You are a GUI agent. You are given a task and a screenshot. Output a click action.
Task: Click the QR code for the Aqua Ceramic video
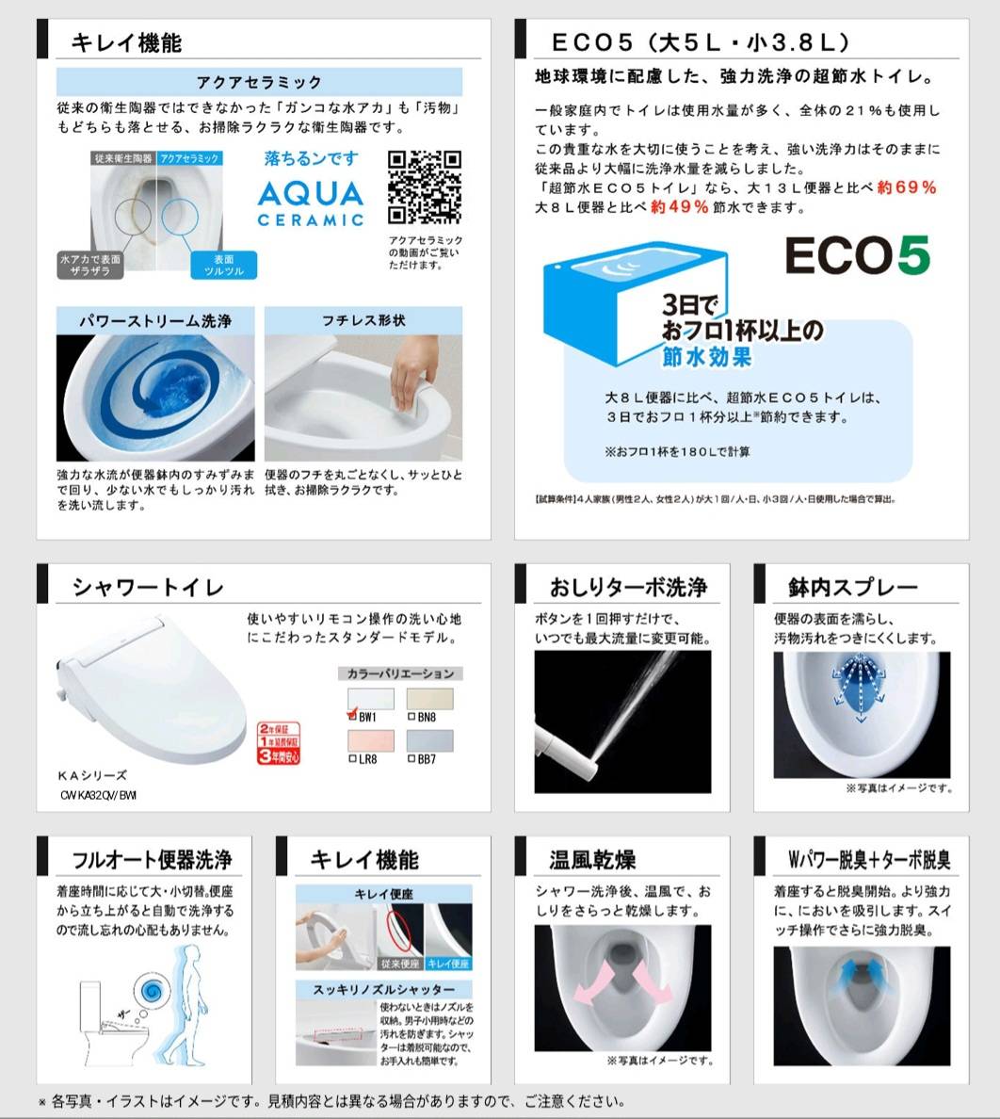point(425,187)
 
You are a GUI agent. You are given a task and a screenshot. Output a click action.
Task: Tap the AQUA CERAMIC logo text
point(311,203)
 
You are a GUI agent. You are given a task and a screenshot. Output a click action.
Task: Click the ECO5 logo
point(857,255)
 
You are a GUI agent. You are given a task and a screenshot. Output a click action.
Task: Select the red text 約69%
point(906,187)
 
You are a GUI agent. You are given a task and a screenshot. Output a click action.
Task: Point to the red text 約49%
point(679,207)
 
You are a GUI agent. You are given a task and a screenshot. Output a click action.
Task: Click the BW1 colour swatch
point(371,700)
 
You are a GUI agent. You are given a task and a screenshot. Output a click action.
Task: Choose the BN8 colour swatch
point(429,700)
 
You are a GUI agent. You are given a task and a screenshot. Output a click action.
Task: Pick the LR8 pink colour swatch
point(371,741)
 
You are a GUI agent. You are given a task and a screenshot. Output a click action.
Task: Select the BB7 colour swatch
point(429,741)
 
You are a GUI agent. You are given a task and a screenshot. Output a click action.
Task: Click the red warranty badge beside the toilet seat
point(279,742)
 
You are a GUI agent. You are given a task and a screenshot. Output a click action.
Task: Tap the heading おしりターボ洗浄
point(628,588)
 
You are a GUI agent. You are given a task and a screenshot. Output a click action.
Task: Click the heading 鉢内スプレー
point(852,588)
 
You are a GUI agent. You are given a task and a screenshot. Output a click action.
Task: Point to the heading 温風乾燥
point(592,860)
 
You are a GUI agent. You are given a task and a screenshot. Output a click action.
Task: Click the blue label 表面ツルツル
point(223,265)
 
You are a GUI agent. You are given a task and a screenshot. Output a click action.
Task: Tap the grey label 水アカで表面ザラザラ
point(90,265)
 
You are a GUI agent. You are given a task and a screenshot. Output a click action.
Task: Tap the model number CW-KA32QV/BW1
point(98,795)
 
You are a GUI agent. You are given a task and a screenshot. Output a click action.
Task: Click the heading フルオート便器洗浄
point(152,860)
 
